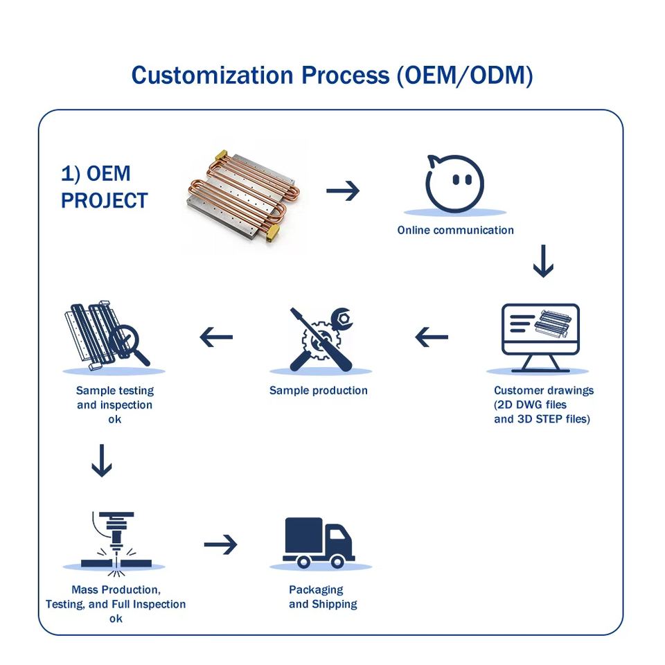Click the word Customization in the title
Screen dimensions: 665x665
click(x=212, y=76)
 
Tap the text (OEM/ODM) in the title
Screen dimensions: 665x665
click(x=464, y=76)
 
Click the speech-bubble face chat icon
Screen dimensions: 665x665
click(x=454, y=184)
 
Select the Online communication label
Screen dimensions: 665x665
click(x=456, y=230)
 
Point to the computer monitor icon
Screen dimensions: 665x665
click(x=540, y=337)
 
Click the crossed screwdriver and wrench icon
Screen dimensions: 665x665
click(x=321, y=339)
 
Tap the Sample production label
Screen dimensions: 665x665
click(x=319, y=391)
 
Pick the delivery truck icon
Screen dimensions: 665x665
click(x=319, y=543)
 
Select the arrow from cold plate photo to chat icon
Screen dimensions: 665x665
click(x=343, y=191)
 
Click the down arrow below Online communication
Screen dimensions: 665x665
click(x=543, y=261)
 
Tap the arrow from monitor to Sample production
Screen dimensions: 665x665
click(x=432, y=337)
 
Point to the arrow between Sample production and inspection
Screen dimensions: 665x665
click(x=216, y=337)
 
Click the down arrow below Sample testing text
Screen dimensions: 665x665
click(x=102, y=461)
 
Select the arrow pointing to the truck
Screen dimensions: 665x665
click(x=220, y=544)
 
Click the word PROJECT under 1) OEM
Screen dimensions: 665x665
click(x=105, y=201)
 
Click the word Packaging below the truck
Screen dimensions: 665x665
click(x=316, y=590)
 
